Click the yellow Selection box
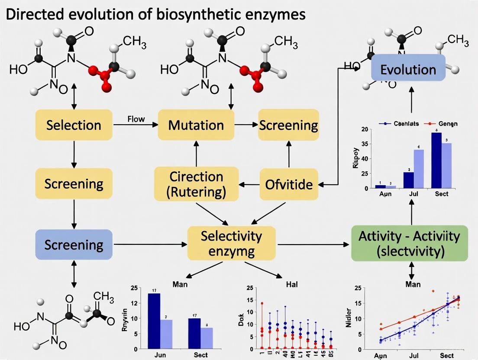pos(74,125)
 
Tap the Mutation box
pos(196,125)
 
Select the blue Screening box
pos(74,245)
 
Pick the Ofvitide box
pos(288,185)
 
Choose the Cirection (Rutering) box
pos(196,184)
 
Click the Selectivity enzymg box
pos(231,243)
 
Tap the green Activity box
pos(409,244)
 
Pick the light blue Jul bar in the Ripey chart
pos(419,169)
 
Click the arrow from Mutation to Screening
pos(245,125)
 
